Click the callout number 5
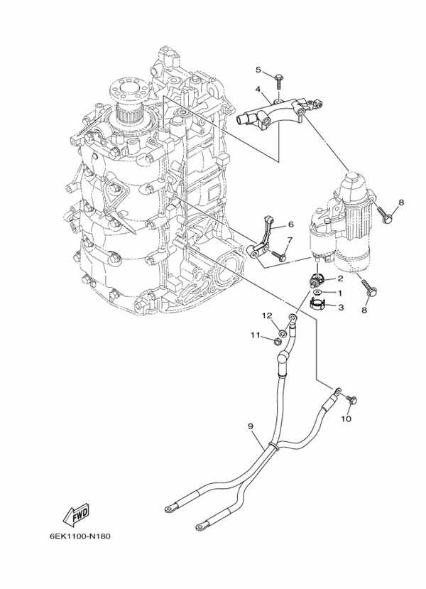pyautogui.click(x=269, y=70)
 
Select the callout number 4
pyautogui.click(x=258, y=89)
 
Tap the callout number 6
pyautogui.click(x=291, y=225)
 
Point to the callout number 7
pyautogui.click(x=290, y=239)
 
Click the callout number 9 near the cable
pyautogui.click(x=251, y=426)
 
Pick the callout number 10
pyautogui.click(x=346, y=418)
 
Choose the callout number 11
pyautogui.click(x=256, y=335)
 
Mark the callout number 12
pyautogui.click(x=267, y=316)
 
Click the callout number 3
pyautogui.click(x=341, y=307)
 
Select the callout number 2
pyautogui.click(x=340, y=279)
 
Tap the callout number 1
pyautogui.click(x=340, y=293)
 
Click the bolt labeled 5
pyautogui.click(x=279, y=82)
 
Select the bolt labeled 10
pyautogui.click(x=351, y=400)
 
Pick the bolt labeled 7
pyautogui.click(x=278, y=256)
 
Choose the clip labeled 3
pyautogui.click(x=317, y=303)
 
